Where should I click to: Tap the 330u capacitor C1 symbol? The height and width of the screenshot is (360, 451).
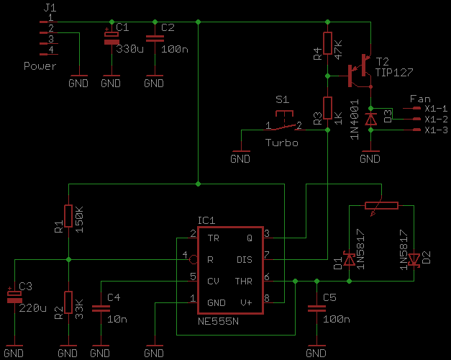click(111, 37)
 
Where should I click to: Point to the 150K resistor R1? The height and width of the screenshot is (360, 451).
click(68, 215)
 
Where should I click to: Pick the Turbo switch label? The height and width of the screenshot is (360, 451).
click(281, 143)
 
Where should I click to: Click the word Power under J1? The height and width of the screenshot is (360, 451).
click(40, 66)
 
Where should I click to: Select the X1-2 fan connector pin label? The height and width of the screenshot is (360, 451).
click(437, 119)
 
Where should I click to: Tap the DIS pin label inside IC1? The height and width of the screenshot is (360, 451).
click(244, 259)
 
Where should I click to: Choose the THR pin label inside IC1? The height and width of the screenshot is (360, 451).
click(243, 280)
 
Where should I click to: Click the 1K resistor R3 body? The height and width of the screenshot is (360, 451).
click(327, 108)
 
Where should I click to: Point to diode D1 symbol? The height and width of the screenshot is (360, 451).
click(350, 260)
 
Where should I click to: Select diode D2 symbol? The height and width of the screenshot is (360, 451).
click(414, 260)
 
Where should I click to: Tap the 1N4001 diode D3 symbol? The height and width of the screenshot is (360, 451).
click(370, 120)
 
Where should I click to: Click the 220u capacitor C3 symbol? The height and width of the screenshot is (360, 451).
click(12, 296)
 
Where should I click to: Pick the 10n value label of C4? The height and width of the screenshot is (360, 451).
click(117, 319)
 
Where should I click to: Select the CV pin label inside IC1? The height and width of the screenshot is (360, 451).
click(214, 280)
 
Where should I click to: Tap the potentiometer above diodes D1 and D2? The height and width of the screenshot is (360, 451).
click(381, 205)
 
